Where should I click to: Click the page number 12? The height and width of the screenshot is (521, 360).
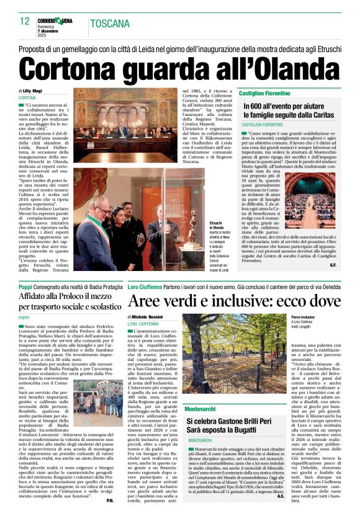point(25,22)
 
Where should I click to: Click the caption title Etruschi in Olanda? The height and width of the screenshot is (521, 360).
point(199,224)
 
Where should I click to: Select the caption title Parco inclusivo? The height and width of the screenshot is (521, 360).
point(303,316)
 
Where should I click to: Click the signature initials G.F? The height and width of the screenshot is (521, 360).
point(333,265)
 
